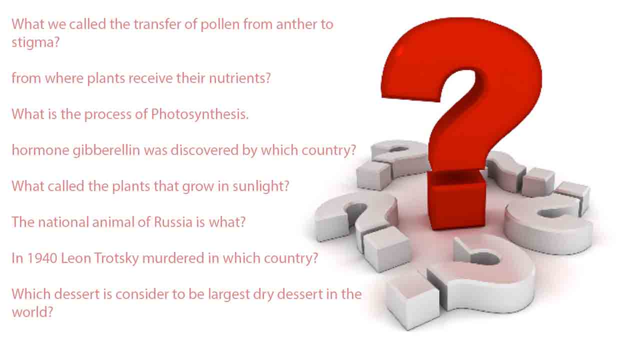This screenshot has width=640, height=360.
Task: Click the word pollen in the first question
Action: click(220, 25)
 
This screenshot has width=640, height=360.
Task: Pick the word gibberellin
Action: click(106, 150)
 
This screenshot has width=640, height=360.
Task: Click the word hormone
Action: click(40, 150)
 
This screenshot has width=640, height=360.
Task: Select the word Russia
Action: click(173, 222)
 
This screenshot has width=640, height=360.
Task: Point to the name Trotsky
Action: click(116, 258)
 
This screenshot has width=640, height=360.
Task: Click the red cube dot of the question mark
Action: click(456, 200)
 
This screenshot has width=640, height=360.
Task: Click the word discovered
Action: click(204, 150)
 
